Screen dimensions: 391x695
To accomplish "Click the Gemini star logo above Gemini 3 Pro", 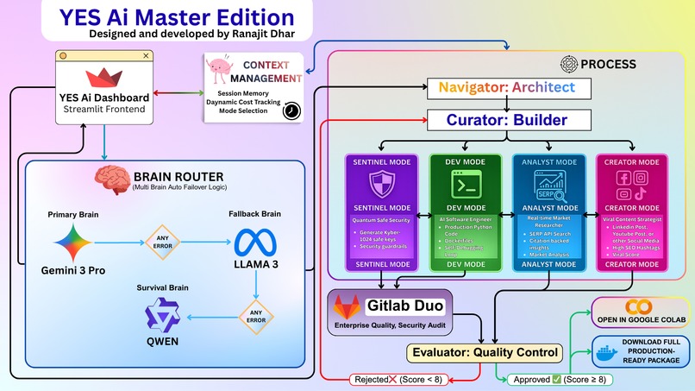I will (72, 239).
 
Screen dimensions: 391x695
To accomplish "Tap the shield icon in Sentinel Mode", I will (381, 184).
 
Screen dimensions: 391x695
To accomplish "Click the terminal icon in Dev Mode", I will (465, 184).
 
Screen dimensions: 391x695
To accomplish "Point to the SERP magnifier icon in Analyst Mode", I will (548, 183).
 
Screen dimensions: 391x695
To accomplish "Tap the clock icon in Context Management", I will (291, 111).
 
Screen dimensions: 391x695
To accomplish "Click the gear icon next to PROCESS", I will (568, 64).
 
